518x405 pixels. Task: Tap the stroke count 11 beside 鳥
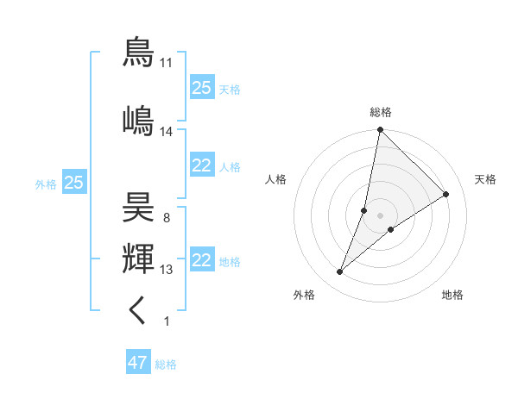pyautogui.click(x=167, y=63)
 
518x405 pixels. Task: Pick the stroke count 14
pyautogui.click(x=167, y=132)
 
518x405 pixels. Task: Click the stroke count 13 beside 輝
pyautogui.click(x=167, y=270)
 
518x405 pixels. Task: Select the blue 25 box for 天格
pyautogui.click(x=202, y=88)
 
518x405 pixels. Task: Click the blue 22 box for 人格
pyautogui.click(x=202, y=166)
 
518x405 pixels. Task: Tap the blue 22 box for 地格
pyautogui.click(x=202, y=261)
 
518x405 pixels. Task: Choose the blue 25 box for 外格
pyautogui.click(x=73, y=183)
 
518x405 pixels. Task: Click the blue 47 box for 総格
pyautogui.click(x=137, y=363)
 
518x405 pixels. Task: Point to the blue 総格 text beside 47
pyautogui.click(x=166, y=364)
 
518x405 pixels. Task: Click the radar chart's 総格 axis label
pyautogui.click(x=380, y=112)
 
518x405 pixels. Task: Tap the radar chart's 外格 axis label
pyautogui.click(x=304, y=295)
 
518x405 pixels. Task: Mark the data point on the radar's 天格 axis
pyautogui.click(x=446, y=194)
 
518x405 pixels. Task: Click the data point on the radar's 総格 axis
pyautogui.click(x=380, y=130)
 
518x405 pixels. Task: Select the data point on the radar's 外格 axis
pyautogui.click(x=340, y=272)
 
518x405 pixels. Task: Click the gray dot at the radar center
pyautogui.click(x=380, y=215)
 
